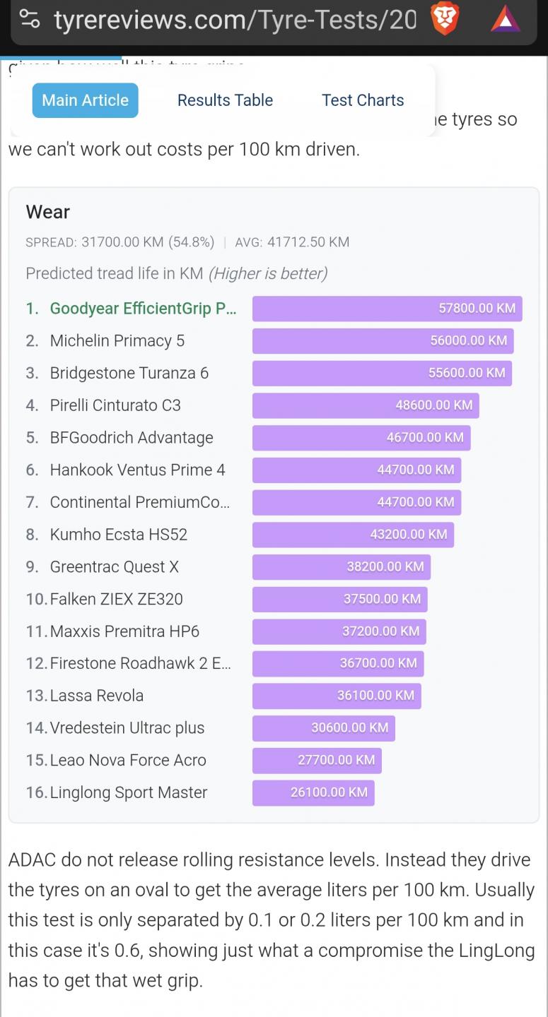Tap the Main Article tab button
click(85, 100)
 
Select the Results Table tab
click(225, 100)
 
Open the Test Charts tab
click(363, 100)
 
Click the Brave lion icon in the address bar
click(445, 19)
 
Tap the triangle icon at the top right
click(506, 19)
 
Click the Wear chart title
click(48, 212)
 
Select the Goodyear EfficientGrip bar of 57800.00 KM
click(387, 309)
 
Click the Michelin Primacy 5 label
click(117, 341)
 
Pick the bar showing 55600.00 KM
click(382, 374)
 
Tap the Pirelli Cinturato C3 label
click(115, 405)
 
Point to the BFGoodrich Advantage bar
click(361, 438)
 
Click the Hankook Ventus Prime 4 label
click(137, 470)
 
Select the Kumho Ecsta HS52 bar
click(353, 535)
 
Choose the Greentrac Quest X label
click(114, 567)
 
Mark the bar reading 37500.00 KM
click(339, 600)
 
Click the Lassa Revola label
click(96, 696)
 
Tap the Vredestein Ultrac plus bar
click(323, 728)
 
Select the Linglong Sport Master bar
click(313, 793)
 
